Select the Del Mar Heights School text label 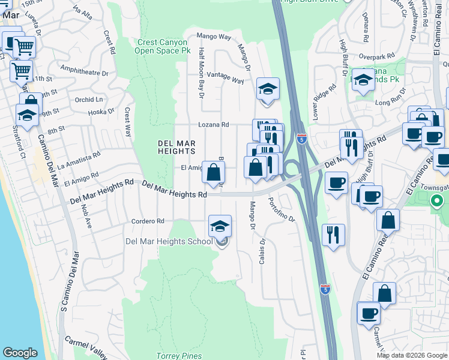pos(168,241)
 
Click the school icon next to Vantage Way pos(268,90)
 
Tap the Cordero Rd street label pos(148,221)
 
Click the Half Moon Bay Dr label pos(202,73)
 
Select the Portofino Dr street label pos(282,211)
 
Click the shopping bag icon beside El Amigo pos(213,173)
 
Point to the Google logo pos(20,353)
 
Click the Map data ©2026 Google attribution pos(412,355)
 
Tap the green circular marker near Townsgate pos(438,202)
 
